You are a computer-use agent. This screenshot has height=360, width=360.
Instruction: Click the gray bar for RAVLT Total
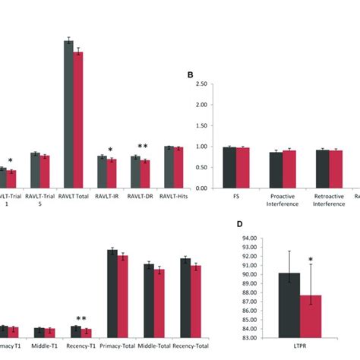[x=68, y=114]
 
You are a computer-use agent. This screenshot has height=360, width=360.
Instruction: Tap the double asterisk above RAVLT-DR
[x=142, y=147]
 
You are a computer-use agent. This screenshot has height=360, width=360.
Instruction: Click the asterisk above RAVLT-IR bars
[x=110, y=150]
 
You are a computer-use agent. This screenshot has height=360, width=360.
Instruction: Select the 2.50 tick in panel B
[x=201, y=84]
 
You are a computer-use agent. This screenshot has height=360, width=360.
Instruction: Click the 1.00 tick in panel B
[x=201, y=147]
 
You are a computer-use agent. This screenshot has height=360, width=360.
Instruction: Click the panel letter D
[x=239, y=226]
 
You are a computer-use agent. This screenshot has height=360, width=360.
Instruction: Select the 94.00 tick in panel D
[x=249, y=238]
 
